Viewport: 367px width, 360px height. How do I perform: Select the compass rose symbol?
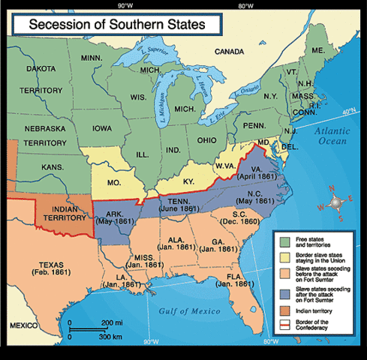click(x=337, y=202)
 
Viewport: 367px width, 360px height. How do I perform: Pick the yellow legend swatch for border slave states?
click(x=284, y=257)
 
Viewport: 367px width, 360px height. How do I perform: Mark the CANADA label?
click(x=230, y=52)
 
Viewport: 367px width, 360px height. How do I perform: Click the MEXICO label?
click(x=23, y=326)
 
